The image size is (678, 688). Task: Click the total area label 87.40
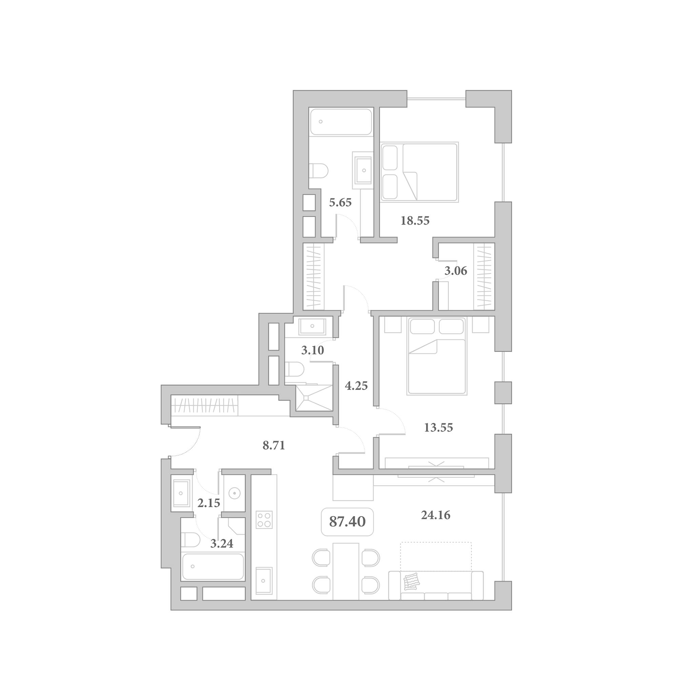tap(347, 522)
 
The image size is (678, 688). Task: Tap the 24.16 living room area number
tap(436, 515)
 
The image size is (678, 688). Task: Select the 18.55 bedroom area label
tap(415, 221)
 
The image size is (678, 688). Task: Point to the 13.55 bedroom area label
tap(438, 427)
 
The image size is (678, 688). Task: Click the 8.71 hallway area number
tap(274, 445)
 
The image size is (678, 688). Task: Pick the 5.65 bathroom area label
tap(340, 202)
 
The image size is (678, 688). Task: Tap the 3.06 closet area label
tap(456, 271)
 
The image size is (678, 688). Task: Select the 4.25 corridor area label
tap(356, 386)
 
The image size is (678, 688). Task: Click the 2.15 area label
tap(209, 503)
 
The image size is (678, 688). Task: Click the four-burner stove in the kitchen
tap(264, 520)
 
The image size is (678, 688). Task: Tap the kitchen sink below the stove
tap(264, 581)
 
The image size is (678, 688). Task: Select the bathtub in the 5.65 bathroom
tap(341, 122)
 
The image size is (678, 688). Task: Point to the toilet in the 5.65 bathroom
tap(318, 171)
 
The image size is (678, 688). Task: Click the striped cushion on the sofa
tap(412, 581)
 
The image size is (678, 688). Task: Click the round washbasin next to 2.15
tap(235, 493)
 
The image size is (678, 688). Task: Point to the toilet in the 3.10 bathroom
tap(294, 369)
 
